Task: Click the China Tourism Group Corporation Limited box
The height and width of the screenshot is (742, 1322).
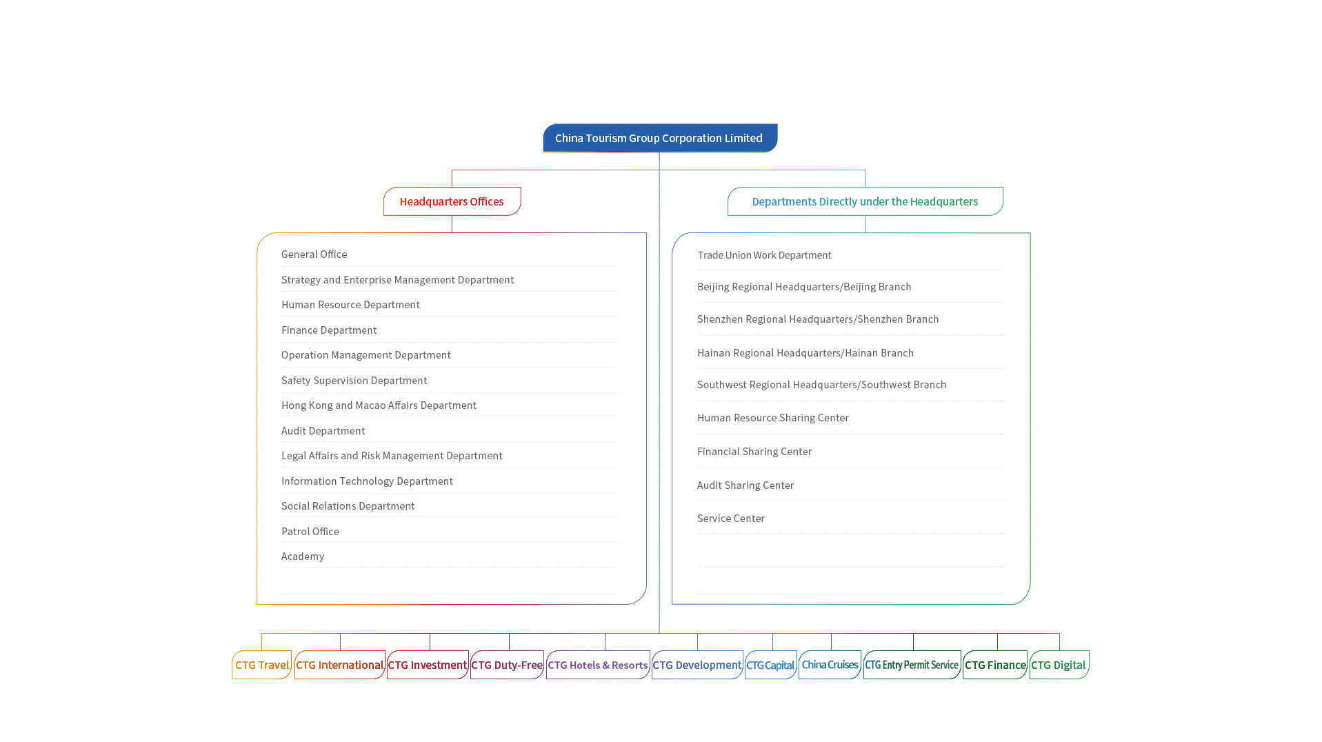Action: click(660, 138)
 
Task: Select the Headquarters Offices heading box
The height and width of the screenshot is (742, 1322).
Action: click(452, 201)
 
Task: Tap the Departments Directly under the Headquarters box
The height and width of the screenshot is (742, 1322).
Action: click(865, 201)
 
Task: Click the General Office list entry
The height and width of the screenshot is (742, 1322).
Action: click(314, 254)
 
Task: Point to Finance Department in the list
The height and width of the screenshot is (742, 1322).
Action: click(329, 330)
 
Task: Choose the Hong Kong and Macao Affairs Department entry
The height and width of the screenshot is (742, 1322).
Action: click(379, 405)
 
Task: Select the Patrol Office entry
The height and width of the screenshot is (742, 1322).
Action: click(310, 532)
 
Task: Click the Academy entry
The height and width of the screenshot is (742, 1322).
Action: click(302, 556)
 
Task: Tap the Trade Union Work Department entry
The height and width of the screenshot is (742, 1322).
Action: click(764, 255)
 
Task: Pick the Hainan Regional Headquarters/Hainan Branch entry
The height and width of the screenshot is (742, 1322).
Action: click(805, 353)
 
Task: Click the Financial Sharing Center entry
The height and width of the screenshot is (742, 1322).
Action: click(754, 452)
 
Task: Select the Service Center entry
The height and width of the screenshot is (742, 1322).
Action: click(730, 519)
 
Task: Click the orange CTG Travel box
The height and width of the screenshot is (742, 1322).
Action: click(261, 665)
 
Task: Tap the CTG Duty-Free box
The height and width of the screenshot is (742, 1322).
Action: click(507, 665)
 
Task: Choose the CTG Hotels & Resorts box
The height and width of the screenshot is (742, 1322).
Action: click(598, 665)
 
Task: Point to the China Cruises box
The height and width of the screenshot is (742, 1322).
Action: click(830, 665)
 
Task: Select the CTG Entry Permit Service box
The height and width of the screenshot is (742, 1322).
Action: click(912, 665)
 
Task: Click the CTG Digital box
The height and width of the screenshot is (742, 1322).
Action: click(1059, 665)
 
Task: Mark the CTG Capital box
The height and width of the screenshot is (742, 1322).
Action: click(770, 665)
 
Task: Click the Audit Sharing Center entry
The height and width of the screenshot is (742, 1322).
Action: click(745, 485)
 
